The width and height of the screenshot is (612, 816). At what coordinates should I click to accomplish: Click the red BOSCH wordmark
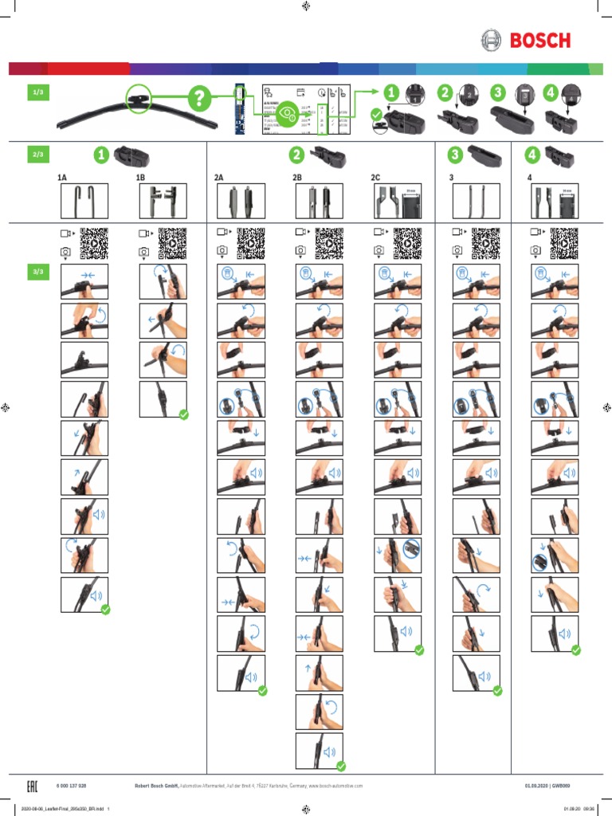pos(540,41)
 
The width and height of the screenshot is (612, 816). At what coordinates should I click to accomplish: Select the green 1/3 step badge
pos(37,93)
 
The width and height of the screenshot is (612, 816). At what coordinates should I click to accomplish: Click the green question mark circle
pos(199,100)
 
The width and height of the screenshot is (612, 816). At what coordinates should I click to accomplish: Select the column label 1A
pos(62,178)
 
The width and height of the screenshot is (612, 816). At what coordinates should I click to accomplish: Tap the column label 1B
pos(140,178)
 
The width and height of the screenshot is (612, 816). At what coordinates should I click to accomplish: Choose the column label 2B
pos(297,178)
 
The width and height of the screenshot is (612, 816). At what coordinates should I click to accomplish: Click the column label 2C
pos(375,178)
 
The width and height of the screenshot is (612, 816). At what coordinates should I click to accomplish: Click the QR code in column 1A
pos(94,244)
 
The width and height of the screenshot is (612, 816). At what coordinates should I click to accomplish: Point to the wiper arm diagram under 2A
pos(241,202)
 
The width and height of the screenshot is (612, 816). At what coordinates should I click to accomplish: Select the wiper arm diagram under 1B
pos(163,202)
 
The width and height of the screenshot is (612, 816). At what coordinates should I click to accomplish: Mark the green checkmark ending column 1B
pos(184,414)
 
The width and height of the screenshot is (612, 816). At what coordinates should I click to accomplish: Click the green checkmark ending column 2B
pos(340,766)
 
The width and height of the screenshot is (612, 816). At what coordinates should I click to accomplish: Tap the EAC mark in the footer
pos(33,787)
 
